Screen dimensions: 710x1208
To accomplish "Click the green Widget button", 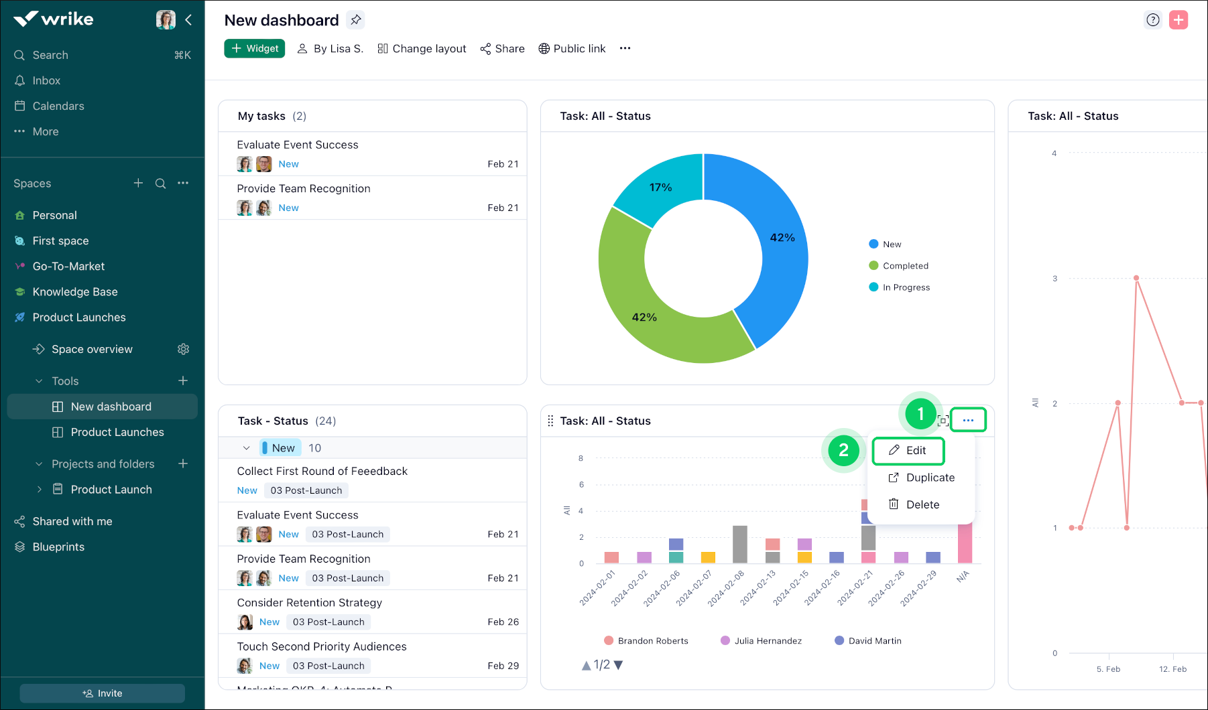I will click(x=255, y=49).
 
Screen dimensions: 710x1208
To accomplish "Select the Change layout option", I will click(x=422, y=49).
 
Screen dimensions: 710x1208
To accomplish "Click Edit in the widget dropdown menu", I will click(x=908, y=451).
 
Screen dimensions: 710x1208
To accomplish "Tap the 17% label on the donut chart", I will click(x=660, y=188).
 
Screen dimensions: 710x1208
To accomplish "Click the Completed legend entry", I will click(x=905, y=266).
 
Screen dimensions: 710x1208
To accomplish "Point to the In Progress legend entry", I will click(x=906, y=287).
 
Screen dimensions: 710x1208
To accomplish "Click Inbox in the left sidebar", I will click(x=46, y=80).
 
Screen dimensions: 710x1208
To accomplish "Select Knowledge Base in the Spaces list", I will click(x=75, y=292).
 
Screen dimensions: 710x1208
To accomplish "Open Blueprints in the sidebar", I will click(x=58, y=547).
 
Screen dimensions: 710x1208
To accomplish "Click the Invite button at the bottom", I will click(x=103, y=693).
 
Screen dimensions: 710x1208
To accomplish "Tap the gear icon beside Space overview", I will click(x=184, y=349).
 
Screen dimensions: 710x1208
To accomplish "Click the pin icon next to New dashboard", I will click(x=356, y=20).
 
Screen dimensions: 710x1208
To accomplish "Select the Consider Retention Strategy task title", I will click(x=309, y=603).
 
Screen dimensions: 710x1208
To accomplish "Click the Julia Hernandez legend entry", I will click(x=768, y=641).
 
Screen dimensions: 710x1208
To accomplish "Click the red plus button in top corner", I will click(x=1179, y=20).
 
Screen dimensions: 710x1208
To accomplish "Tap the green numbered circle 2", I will click(x=843, y=451).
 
